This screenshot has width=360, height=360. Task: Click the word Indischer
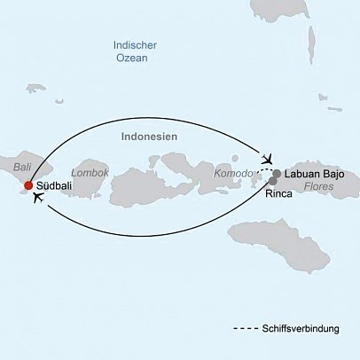click(x=136, y=45)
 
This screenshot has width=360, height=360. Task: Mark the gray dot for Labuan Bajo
click(x=278, y=173)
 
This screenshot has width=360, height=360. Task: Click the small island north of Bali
click(x=35, y=89)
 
